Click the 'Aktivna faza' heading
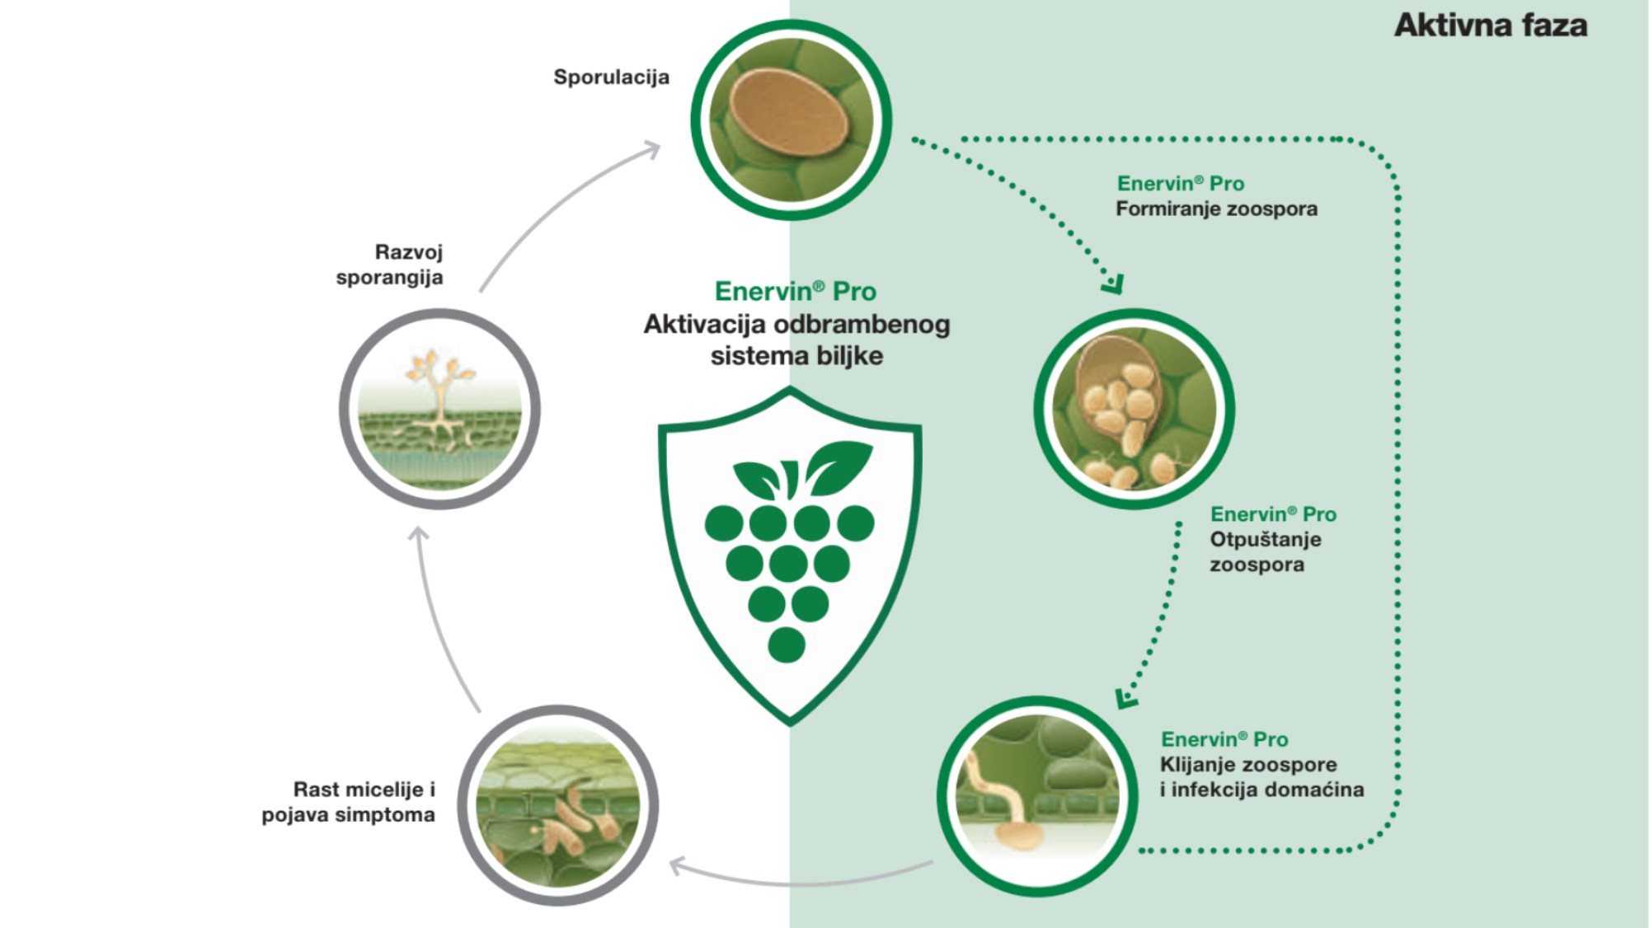coord(1491,26)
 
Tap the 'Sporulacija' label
coord(611,77)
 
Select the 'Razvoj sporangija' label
coord(389,265)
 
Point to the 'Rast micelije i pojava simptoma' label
coord(348,802)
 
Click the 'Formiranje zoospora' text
coord(1216,209)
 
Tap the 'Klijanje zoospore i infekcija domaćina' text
coord(1261,777)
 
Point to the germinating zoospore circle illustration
coord(1037,797)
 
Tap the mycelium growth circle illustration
coord(558,805)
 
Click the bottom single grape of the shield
coord(786,644)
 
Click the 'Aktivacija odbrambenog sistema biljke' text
coord(796,340)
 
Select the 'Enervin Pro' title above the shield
coord(795,292)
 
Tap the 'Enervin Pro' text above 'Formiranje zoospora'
coord(1180,184)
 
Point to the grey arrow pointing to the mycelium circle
coord(800,877)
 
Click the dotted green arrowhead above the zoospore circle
coord(1113,284)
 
